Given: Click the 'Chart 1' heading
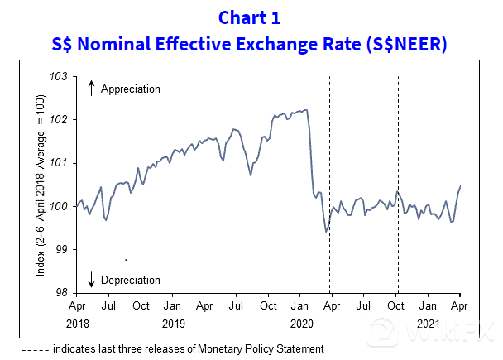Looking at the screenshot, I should pyautogui.click(x=251, y=17).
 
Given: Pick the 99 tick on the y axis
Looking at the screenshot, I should pyautogui.click(x=63, y=249).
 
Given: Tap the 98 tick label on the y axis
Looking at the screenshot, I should pyautogui.click(x=63, y=292).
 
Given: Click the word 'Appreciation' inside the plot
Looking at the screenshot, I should pyautogui.click(x=130, y=89).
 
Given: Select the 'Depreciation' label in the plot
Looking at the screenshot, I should pyautogui.click(x=130, y=281).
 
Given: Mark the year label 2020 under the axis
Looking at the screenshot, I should pyautogui.click(x=299, y=324).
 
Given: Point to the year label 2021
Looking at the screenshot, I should pyautogui.click(x=428, y=324).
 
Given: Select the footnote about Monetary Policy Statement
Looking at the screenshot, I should pyautogui.click(x=169, y=349).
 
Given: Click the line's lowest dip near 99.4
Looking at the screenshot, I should pyautogui.click(x=326, y=231).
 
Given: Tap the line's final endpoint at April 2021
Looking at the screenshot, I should pyautogui.click(x=460, y=186).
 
